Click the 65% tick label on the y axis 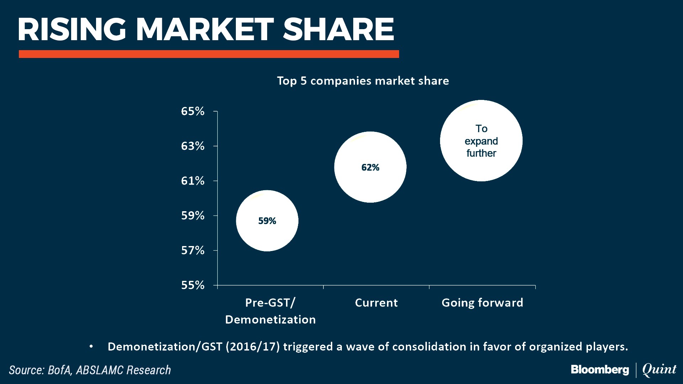point(193,111)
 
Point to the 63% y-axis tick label point(193,146)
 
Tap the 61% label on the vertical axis point(193,181)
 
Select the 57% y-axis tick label point(193,251)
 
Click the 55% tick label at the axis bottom point(193,285)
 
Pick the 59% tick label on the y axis point(193,215)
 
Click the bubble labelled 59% point(267,221)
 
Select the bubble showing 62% point(370,167)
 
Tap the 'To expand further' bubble point(481,141)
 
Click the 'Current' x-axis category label point(376,303)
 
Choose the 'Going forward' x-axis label point(482,303)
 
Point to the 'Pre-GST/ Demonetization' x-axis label point(270,311)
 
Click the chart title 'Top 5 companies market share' point(363,81)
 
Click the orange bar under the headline point(209,54)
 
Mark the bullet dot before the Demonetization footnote point(91,346)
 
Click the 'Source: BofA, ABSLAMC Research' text point(90,370)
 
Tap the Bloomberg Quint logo point(624,370)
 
